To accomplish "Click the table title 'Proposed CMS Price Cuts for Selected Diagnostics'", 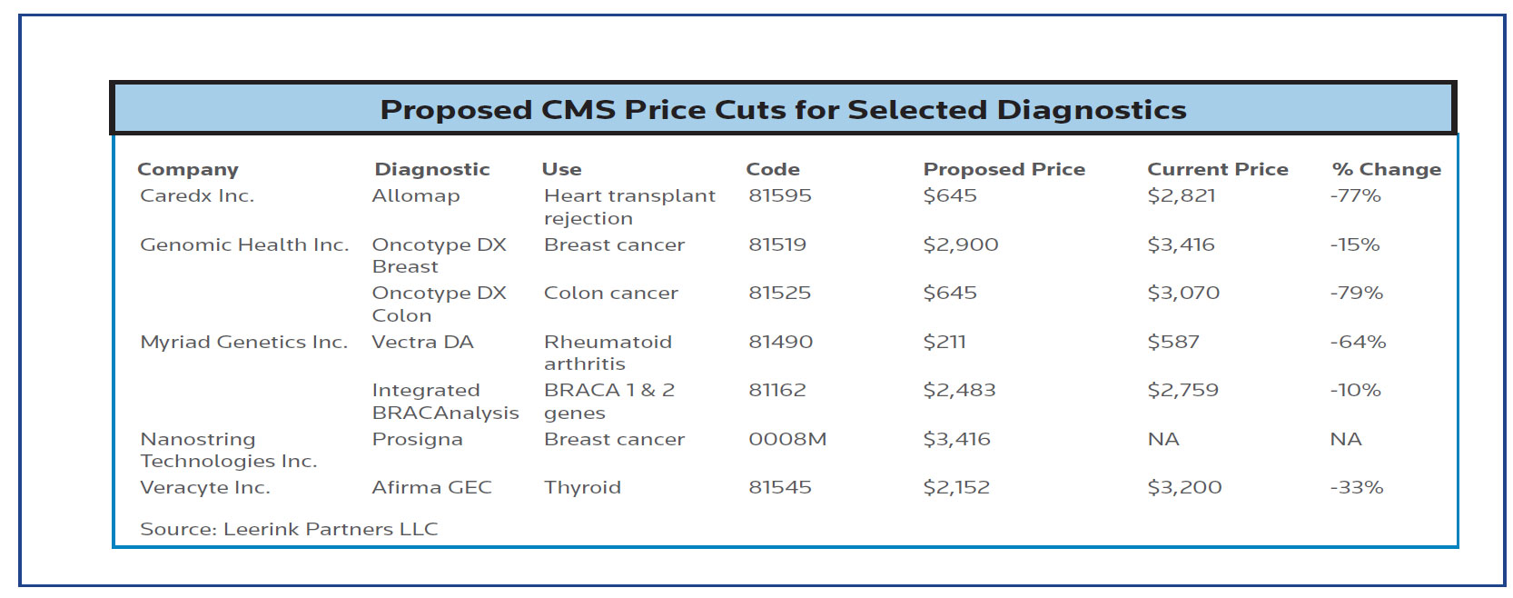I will point(783,110).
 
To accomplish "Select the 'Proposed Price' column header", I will point(1004,169).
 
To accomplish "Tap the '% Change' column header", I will point(1386,169).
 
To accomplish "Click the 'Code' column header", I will point(772,169).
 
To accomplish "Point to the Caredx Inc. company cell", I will point(197,195).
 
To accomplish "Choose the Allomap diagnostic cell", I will point(416,195).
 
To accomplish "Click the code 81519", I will point(777,244).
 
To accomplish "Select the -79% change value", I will point(1356,293).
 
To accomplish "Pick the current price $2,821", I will point(1181,195).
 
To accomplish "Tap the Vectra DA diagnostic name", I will point(422,342).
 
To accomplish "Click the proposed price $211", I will point(944,342).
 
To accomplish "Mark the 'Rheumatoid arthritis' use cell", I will point(608,353).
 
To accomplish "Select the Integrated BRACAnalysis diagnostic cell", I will point(445,401).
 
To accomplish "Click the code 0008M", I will point(787,439).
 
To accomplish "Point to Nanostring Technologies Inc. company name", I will point(228,450).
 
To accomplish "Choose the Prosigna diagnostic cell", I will point(417,439).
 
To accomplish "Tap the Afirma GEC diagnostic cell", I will point(431,487).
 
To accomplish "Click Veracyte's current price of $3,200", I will point(1184,487).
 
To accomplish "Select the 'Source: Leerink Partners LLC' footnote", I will point(289,529).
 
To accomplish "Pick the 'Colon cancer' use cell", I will point(610,293).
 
